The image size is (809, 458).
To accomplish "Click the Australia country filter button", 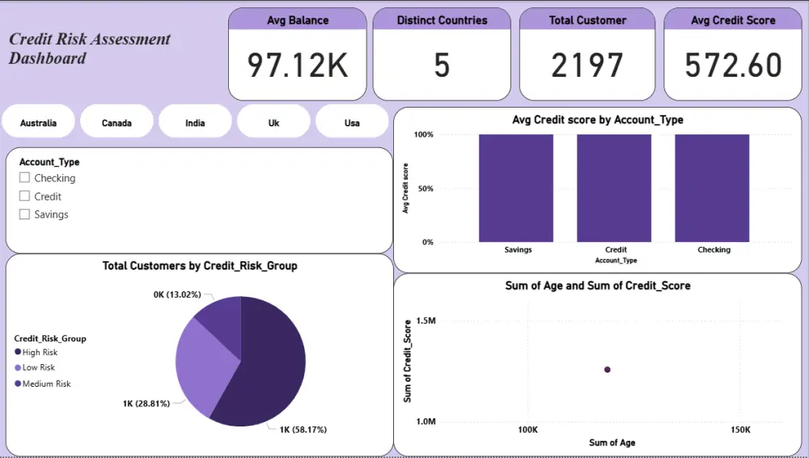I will (x=39, y=123).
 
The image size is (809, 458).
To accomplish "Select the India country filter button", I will (x=195, y=123).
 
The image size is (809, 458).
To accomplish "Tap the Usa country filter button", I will (x=352, y=123).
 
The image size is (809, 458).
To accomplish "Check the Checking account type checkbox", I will (x=25, y=178).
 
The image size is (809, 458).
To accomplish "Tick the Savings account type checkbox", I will (x=25, y=214).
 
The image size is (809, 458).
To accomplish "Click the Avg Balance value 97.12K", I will (x=297, y=66).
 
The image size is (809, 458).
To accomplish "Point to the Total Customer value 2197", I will (x=587, y=66).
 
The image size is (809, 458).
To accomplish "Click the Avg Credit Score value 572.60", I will (x=733, y=66).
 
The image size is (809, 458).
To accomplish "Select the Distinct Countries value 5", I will (x=442, y=66).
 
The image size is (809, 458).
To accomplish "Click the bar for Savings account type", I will (x=516, y=188).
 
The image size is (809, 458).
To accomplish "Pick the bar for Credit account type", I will (x=614, y=188).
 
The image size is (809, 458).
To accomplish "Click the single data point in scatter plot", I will (x=608, y=370).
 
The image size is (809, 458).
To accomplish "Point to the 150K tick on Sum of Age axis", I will (x=739, y=430).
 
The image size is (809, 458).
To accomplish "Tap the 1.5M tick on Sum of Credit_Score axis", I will (x=425, y=321).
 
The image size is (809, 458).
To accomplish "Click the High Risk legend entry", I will (x=40, y=353).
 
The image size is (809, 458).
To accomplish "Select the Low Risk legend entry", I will (x=38, y=368).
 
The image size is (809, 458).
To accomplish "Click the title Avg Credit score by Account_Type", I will (x=598, y=120).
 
